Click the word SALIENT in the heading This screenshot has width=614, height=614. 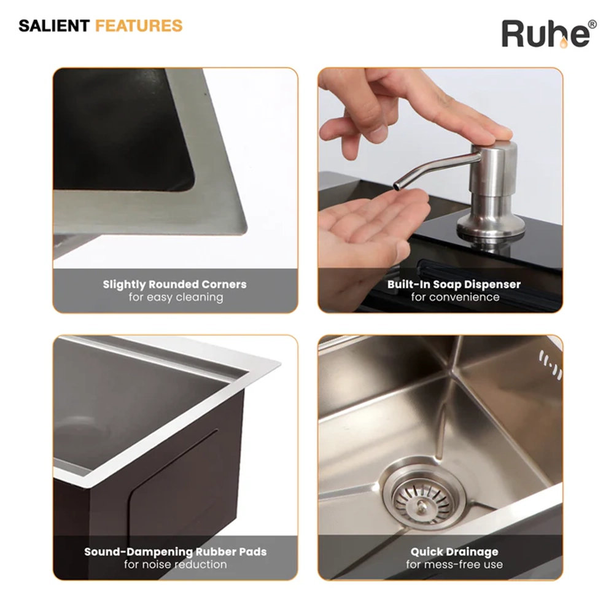tap(54, 26)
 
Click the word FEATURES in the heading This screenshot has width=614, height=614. tap(139, 26)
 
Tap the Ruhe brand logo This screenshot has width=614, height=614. tap(549, 34)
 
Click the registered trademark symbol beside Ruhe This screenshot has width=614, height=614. tap(593, 25)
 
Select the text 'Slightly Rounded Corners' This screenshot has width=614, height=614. tap(174, 284)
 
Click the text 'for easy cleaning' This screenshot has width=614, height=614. tap(176, 297)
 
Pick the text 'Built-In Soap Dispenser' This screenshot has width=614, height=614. tap(454, 285)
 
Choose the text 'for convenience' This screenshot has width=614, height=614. tap(455, 297)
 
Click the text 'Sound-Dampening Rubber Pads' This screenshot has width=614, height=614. tap(176, 552)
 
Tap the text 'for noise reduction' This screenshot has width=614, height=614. tap(176, 564)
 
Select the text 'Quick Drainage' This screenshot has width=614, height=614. tap(454, 552)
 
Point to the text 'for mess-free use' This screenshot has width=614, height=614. tap(454, 564)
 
